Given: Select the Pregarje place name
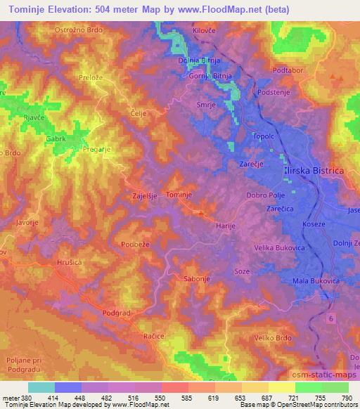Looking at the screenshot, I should pyautogui.click(x=96, y=149).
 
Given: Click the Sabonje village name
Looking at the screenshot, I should pyautogui.click(x=197, y=278).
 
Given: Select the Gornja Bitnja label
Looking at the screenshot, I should pyautogui.click(x=209, y=76).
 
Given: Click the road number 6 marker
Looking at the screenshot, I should pyautogui.click(x=330, y=320).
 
